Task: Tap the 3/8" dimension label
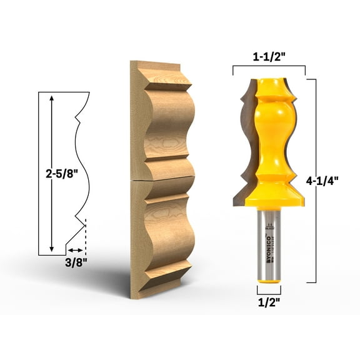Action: click(x=76, y=262)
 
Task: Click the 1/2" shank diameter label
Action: click(x=268, y=303)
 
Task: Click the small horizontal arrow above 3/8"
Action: click(x=76, y=249)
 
